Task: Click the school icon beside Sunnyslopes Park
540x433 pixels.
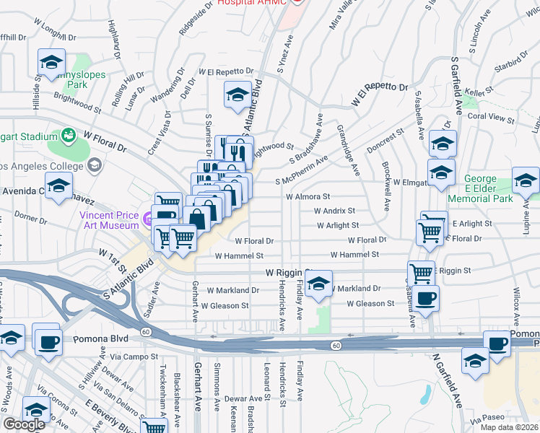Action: click(x=51, y=64)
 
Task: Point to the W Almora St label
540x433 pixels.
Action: click(x=308, y=196)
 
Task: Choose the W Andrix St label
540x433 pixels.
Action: click(x=334, y=211)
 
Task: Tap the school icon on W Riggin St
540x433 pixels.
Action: click(x=318, y=285)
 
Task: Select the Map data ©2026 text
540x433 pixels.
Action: click(x=510, y=427)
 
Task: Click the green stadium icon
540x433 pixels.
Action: click(x=69, y=135)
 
